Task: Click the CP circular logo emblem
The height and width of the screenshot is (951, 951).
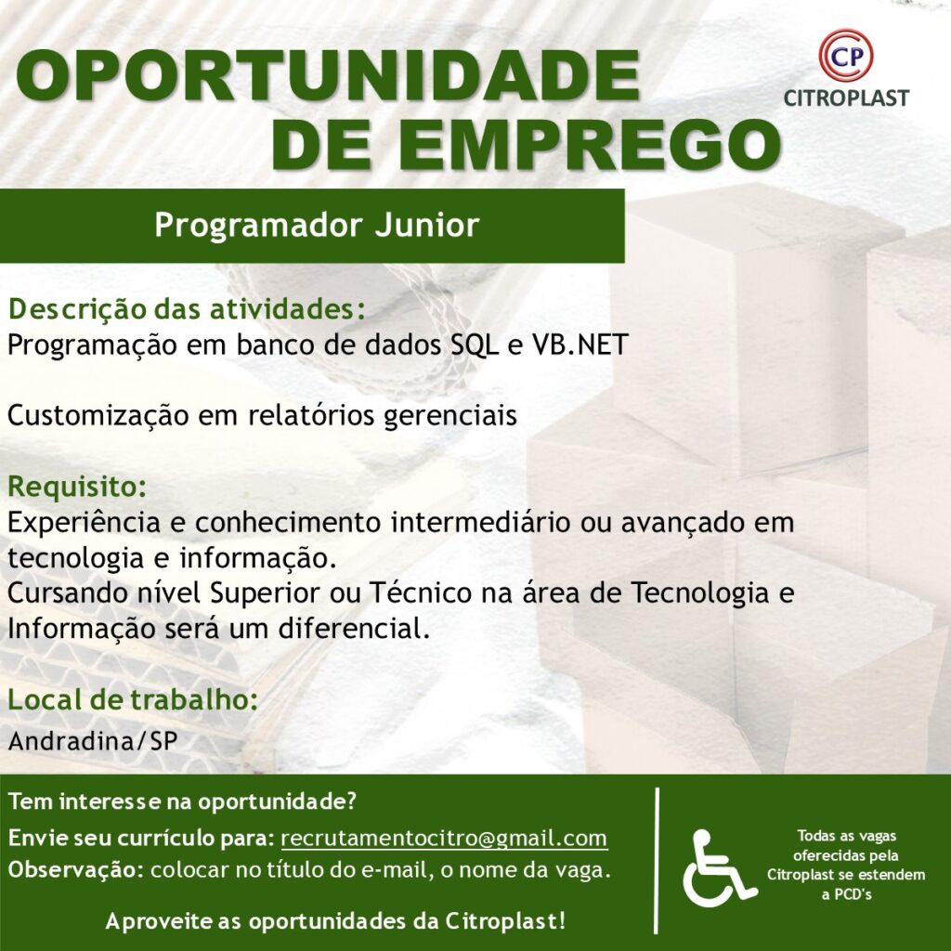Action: pyautogui.click(x=845, y=55)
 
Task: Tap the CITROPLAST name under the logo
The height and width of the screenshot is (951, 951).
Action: pyautogui.click(x=846, y=98)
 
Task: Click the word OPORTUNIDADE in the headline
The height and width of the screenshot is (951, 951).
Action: pyautogui.click(x=328, y=75)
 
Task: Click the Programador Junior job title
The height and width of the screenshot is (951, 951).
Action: pyautogui.click(x=317, y=225)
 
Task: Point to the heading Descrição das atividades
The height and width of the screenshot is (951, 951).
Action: pyautogui.click(x=187, y=309)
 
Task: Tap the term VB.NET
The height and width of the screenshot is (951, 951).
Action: pyautogui.click(x=580, y=345)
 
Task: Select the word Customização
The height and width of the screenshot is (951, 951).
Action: pyautogui.click(x=98, y=416)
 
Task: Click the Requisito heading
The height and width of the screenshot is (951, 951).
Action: pyautogui.click(x=77, y=487)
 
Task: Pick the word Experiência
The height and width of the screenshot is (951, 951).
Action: pyautogui.click(x=84, y=523)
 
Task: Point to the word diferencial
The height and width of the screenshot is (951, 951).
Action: pyautogui.click(x=354, y=629)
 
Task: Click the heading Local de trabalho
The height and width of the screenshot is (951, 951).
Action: pyautogui.click(x=133, y=699)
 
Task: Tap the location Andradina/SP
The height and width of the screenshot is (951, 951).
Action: pyautogui.click(x=93, y=740)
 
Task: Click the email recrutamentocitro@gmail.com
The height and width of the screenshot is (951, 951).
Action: pyautogui.click(x=444, y=839)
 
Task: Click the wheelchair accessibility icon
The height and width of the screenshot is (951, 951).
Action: pyautogui.click(x=720, y=867)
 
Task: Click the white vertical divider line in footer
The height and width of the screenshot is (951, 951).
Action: pyautogui.click(x=658, y=861)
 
